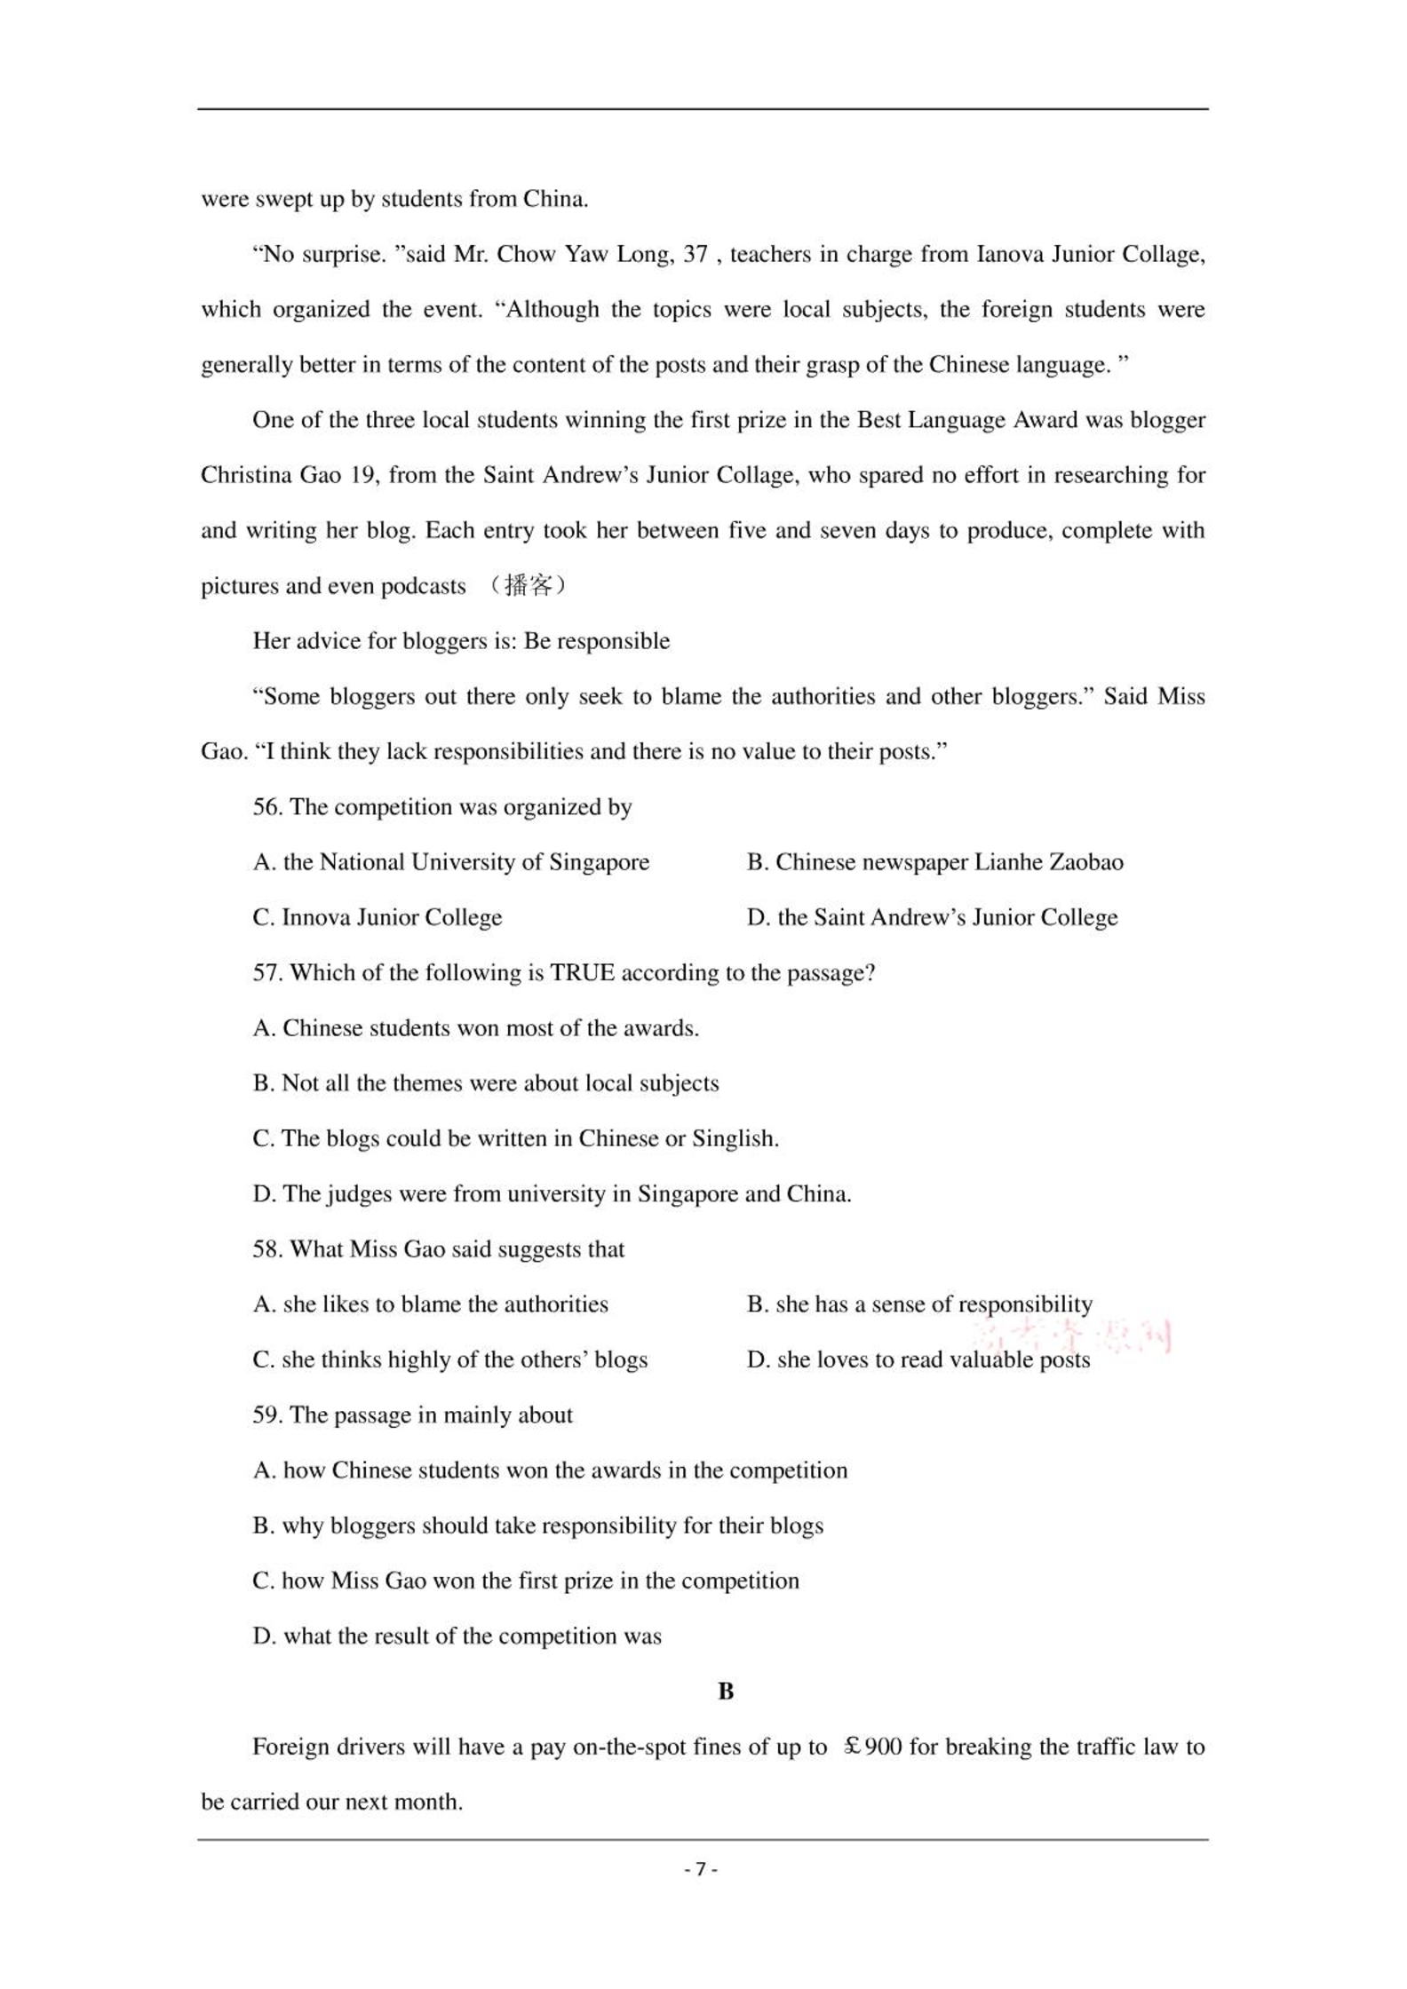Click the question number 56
pyautogui.click(x=266, y=807)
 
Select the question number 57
pyautogui.click(x=266, y=972)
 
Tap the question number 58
pyautogui.click(x=266, y=1248)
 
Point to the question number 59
pyautogui.click(x=266, y=1414)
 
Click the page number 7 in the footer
pyautogui.click(x=701, y=1868)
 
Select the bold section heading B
pyautogui.click(x=726, y=1692)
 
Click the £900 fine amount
pyautogui.click(x=872, y=1747)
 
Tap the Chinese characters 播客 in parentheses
pyautogui.click(x=528, y=586)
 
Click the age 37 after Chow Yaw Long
pyautogui.click(x=695, y=254)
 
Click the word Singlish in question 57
pyautogui.click(x=734, y=1138)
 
